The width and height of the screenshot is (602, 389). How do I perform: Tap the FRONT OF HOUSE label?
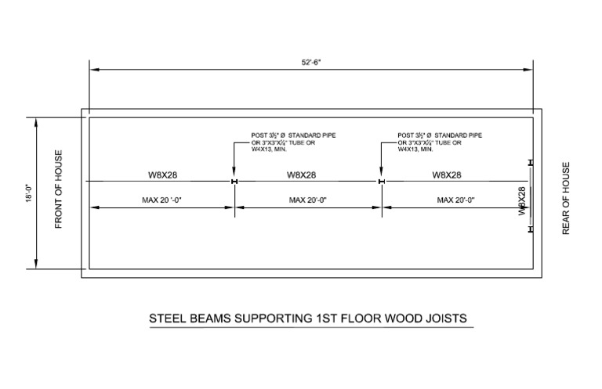click(58, 190)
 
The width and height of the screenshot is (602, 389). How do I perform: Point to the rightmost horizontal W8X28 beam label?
click(447, 175)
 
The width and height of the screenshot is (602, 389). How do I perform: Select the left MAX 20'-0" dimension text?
click(162, 200)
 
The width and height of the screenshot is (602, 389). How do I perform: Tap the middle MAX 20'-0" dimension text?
click(307, 200)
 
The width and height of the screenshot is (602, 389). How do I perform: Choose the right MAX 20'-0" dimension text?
click(455, 200)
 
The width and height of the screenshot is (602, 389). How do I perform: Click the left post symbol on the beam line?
click(234, 182)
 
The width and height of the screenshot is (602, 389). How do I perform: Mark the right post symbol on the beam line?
click(380, 182)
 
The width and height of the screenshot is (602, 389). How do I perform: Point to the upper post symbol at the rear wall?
click(531, 163)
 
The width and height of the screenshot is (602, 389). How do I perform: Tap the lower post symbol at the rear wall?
click(531, 229)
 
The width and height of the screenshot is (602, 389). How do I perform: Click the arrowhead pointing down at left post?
click(234, 175)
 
